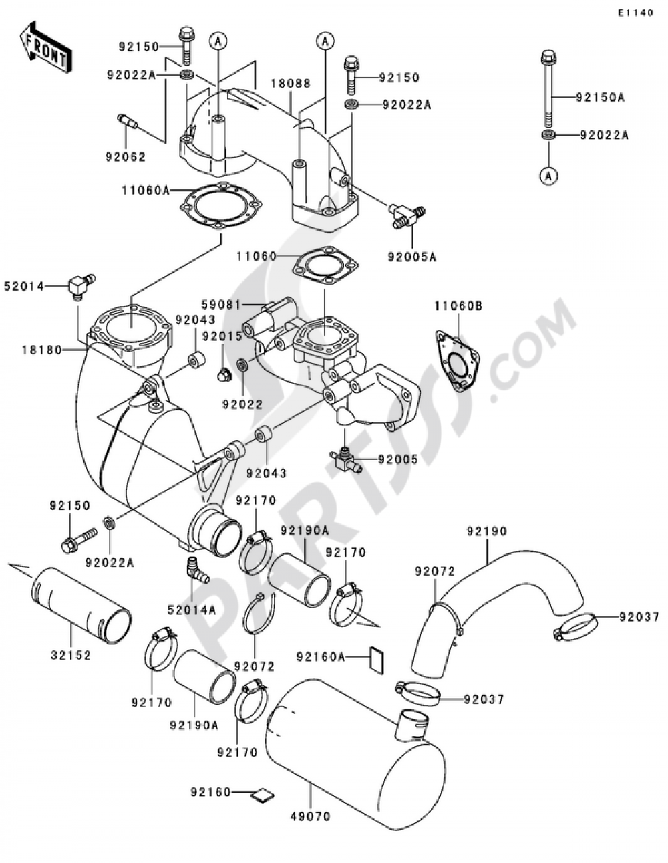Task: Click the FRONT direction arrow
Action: pos(46,47)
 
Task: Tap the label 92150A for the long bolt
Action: pos(601,98)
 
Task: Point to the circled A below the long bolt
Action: pos(548,175)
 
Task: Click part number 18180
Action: pos(41,350)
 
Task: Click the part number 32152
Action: pos(69,656)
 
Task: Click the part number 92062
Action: pos(125,157)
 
